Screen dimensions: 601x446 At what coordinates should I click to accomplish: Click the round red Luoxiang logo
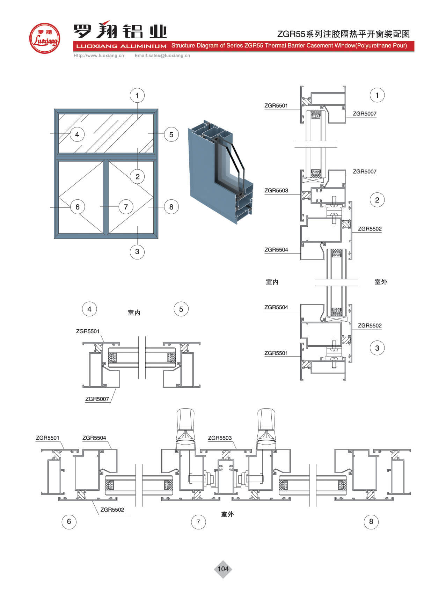pyautogui.click(x=44, y=38)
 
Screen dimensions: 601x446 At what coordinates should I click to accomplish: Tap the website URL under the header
pyautogui.click(x=98, y=56)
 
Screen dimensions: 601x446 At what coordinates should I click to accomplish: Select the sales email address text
pyautogui.click(x=162, y=56)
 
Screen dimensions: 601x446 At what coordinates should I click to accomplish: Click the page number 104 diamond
pyautogui.click(x=223, y=569)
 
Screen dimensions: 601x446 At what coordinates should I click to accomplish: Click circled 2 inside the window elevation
pyautogui.click(x=137, y=177)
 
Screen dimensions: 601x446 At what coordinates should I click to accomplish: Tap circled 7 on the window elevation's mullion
pyautogui.click(x=126, y=207)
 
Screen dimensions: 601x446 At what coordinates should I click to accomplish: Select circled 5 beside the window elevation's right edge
pyautogui.click(x=171, y=134)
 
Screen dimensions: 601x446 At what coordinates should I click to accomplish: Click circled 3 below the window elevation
pyautogui.click(x=137, y=251)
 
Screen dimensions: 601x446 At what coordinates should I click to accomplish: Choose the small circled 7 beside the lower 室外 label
pyautogui.click(x=198, y=522)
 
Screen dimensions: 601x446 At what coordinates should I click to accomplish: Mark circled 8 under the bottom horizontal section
pyautogui.click(x=371, y=521)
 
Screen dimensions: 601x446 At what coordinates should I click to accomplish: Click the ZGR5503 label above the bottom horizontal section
pyautogui.click(x=220, y=438)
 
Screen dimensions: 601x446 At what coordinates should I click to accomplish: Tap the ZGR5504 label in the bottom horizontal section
pyautogui.click(x=94, y=438)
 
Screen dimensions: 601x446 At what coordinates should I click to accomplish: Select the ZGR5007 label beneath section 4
pyautogui.click(x=97, y=399)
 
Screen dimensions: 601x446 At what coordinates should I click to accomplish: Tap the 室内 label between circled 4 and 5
pyautogui.click(x=134, y=313)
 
